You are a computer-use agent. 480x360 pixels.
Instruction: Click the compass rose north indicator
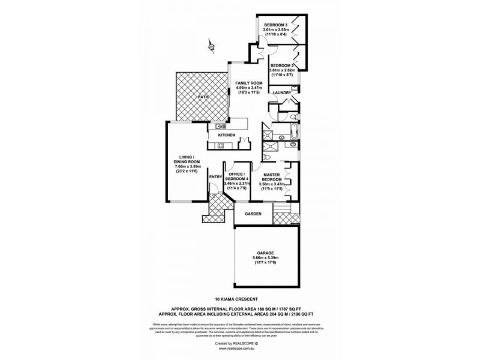[211, 45]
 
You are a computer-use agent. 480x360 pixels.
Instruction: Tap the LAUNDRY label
[281, 93]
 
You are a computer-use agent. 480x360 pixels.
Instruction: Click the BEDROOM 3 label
[276, 23]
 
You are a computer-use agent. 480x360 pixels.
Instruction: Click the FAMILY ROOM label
[248, 82]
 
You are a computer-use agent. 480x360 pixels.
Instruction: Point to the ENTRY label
[215, 176]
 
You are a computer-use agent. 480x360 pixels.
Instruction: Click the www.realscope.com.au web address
[239, 348]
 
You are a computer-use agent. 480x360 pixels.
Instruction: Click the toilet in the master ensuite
[293, 145]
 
